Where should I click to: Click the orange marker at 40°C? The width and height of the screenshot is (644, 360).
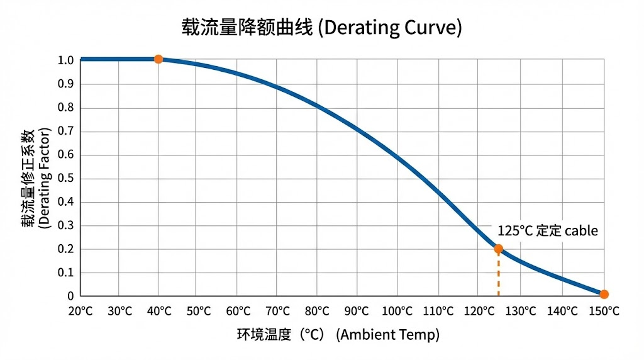(x=158, y=59)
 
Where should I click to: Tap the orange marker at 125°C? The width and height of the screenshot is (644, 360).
(x=498, y=249)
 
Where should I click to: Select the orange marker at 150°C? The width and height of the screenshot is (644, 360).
(x=604, y=294)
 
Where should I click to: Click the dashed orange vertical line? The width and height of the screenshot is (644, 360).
(x=498, y=274)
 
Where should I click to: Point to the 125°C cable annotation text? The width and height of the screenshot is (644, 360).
(x=547, y=231)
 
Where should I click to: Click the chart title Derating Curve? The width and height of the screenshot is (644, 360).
(x=321, y=28)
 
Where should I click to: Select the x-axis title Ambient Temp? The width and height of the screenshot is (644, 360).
(x=338, y=334)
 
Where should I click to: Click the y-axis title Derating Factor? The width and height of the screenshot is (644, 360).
(x=36, y=178)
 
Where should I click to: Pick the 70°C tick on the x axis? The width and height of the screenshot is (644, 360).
(x=277, y=311)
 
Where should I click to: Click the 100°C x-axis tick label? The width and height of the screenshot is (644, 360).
(x=396, y=311)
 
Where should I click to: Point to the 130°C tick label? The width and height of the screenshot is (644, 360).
(x=522, y=311)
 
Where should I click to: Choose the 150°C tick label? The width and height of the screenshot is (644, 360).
(x=604, y=311)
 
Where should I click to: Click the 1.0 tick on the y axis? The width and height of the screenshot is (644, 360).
(x=66, y=60)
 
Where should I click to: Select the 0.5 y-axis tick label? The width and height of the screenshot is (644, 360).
(x=66, y=178)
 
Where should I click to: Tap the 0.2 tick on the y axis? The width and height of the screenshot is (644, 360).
(x=66, y=249)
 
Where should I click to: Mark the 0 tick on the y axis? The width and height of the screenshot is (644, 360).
(x=70, y=296)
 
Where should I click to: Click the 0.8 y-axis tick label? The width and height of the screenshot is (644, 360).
(x=66, y=108)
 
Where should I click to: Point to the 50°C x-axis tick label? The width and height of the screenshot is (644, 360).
(x=198, y=311)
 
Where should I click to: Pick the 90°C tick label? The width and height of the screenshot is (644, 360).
(x=357, y=311)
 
